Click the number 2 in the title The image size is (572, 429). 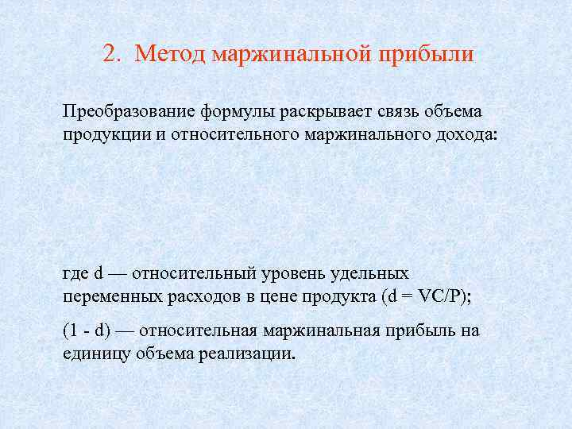coord(110,55)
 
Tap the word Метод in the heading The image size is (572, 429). coord(168,55)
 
